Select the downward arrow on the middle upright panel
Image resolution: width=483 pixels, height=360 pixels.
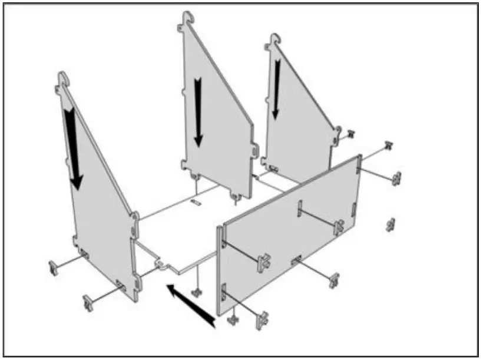pos(199,112)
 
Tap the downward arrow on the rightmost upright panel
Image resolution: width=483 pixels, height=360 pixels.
pos(276,88)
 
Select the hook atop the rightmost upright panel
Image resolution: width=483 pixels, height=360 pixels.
pos(272,41)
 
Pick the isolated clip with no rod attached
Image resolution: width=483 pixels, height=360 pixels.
pos(390,224)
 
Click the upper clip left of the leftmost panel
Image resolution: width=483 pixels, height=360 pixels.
pos(55,268)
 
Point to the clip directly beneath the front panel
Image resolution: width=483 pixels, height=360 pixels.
pos(233,319)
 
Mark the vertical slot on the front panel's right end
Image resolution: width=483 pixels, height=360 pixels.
pos(353,207)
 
